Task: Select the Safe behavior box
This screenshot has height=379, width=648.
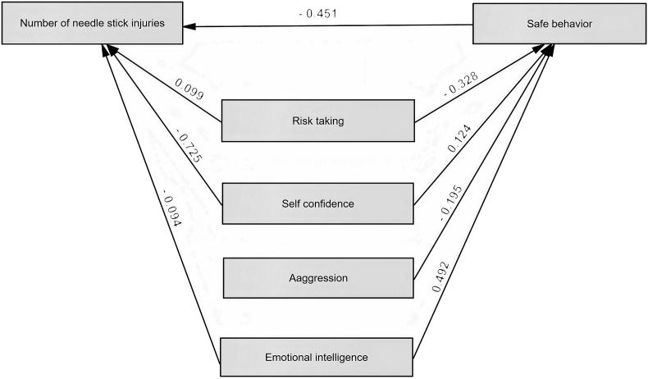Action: [x=559, y=24]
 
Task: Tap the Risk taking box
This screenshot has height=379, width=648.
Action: [x=317, y=121]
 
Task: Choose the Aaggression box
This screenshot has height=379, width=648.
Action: [x=317, y=278]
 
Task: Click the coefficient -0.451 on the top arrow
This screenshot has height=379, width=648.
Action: [x=319, y=13]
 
